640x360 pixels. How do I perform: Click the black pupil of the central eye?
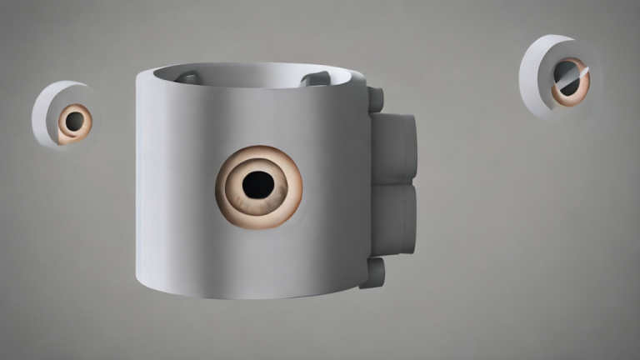(x=258, y=181)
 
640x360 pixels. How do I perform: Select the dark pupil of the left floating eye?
(x=75, y=122)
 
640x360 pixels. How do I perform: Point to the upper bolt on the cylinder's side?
(x=376, y=100)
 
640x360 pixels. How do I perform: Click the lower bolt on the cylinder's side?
(x=373, y=272)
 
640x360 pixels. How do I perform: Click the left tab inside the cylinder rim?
(x=189, y=78)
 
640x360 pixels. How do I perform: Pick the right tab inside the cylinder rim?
(x=314, y=79)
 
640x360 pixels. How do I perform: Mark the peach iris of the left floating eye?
(x=66, y=130)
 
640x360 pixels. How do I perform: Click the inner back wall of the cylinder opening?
(x=250, y=76)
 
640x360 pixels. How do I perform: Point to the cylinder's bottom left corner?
(x=140, y=275)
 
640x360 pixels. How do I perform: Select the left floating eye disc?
(x=63, y=115)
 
